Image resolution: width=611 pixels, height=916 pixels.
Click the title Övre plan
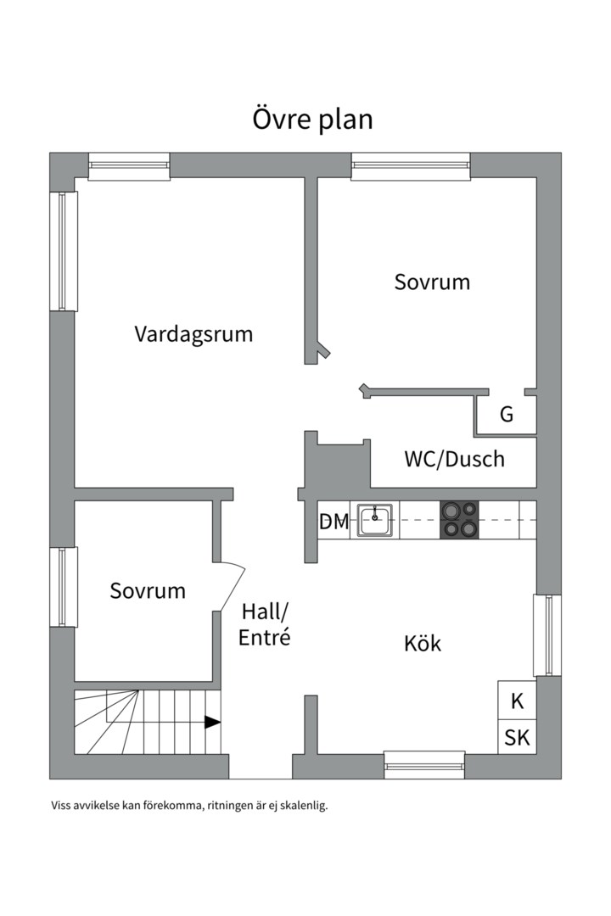click(313, 120)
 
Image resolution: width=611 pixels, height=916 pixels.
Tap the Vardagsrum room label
click(193, 334)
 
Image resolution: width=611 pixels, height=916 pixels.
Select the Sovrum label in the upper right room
click(432, 282)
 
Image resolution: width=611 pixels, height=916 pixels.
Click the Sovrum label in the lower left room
click(148, 590)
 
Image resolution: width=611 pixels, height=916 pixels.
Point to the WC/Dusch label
click(454, 459)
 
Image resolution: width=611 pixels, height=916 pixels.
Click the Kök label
click(422, 644)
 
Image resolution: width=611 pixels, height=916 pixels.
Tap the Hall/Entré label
click(264, 624)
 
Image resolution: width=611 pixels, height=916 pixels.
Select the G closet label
click(507, 414)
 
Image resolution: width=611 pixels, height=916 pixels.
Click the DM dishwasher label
click(334, 521)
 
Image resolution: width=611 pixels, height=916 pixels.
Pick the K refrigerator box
click(517, 701)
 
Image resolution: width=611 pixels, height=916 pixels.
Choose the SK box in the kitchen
click(517, 737)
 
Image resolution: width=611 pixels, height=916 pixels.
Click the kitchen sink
click(375, 520)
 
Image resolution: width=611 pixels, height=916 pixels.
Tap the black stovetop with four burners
click(460, 519)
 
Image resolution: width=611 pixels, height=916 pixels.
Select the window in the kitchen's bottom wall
click(424, 765)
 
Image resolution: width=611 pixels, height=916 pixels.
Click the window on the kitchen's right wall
click(547, 635)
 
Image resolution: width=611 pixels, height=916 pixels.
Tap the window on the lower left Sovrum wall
click(64, 587)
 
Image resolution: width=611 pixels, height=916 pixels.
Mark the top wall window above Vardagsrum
click(129, 166)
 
